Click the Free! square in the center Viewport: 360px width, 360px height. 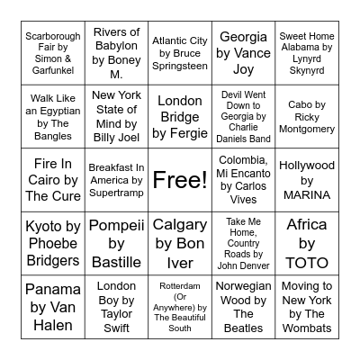(180, 180)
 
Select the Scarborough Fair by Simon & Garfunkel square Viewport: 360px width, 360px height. (53, 53)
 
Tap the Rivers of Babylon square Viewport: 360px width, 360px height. (116, 53)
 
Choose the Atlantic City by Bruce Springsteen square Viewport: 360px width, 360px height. (180, 53)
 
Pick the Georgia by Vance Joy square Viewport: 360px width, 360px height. (244, 53)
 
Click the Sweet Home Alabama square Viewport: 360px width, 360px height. (307, 53)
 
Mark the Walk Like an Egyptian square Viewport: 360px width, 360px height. (53, 116)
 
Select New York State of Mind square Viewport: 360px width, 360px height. (116, 116)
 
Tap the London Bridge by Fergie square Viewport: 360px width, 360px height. (180, 116)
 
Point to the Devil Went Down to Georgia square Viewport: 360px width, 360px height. (244, 116)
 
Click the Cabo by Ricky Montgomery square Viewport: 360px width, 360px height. (307, 116)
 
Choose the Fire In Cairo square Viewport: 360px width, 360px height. (53, 180)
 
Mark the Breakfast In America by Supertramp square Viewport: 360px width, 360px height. (116, 180)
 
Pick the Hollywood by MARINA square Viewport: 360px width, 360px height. (307, 180)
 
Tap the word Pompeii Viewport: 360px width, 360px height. (116, 225)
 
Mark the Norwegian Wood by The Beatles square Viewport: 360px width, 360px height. (244, 307)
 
